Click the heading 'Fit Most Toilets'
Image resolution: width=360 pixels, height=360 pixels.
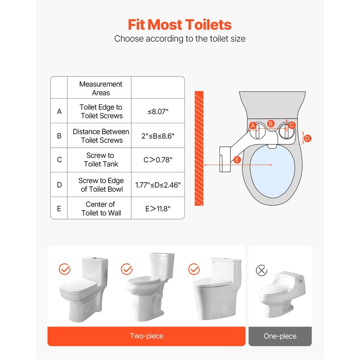(180, 24)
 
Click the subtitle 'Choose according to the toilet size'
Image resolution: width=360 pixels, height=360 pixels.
(180, 39)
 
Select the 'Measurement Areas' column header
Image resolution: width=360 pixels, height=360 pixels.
(100, 88)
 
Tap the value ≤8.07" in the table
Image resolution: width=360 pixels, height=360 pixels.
(158, 111)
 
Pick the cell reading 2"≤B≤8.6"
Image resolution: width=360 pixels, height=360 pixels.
(158, 136)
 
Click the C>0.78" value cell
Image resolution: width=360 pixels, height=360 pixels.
(158, 160)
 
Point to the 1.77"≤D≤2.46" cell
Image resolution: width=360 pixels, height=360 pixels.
(158, 185)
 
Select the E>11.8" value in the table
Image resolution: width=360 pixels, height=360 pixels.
(158, 208)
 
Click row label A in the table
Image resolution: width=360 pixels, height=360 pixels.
(59, 111)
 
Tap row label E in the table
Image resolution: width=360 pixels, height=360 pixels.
(59, 208)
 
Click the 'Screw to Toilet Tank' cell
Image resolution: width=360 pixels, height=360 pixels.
(100, 160)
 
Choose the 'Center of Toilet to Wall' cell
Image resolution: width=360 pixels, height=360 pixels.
(100, 208)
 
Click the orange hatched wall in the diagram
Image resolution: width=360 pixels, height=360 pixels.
(198, 148)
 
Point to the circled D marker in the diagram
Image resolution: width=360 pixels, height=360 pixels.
(307, 139)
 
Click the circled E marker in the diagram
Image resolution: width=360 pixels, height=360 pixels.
(238, 160)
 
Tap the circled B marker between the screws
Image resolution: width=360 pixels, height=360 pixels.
(270, 123)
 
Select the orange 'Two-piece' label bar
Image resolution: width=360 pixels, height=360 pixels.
(146, 336)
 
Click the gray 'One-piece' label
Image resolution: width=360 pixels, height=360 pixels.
(280, 336)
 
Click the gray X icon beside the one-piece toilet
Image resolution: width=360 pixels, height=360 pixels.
(261, 270)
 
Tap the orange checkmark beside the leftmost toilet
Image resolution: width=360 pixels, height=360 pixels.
(65, 270)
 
